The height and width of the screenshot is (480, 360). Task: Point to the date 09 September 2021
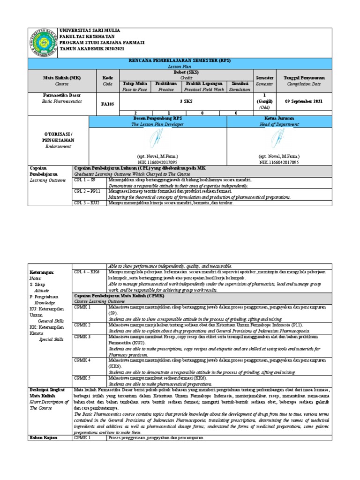(304, 101)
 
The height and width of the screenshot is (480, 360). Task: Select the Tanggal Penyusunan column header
(304, 77)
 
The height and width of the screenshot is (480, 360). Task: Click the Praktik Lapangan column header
(204, 83)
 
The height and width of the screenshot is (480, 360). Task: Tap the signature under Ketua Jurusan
(279, 139)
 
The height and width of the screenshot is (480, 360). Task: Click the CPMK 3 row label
(82, 337)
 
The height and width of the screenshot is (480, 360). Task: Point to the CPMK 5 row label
(82, 377)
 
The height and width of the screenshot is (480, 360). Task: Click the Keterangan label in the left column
(42, 272)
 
